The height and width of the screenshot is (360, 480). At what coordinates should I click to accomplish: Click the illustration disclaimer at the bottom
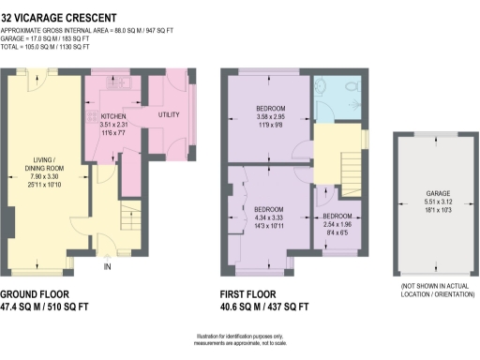click(240, 339)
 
